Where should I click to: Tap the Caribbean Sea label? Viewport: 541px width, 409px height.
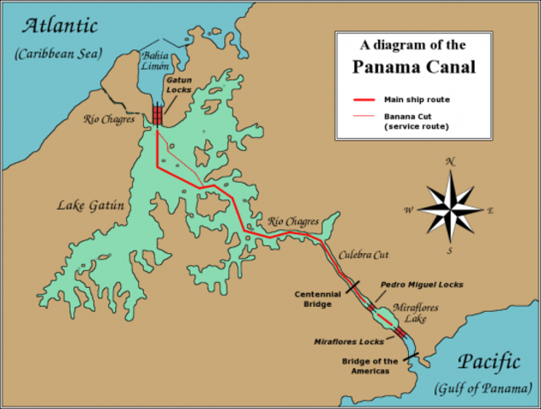pyautogui.click(x=56, y=54)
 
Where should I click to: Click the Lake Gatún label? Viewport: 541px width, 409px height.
pyautogui.click(x=90, y=205)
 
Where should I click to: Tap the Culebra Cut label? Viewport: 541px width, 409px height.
pyautogui.click(x=363, y=254)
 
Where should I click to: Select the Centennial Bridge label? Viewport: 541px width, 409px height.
pyautogui.click(x=318, y=298)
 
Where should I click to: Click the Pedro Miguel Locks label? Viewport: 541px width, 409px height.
pyautogui.click(x=422, y=285)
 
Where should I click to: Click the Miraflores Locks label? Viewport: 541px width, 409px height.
pyautogui.click(x=348, y=341)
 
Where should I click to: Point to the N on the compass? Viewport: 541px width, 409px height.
pyautogui.click(x=452, y=161)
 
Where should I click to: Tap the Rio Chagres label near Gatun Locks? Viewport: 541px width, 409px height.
pyautogui.click(x=108, y=118)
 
